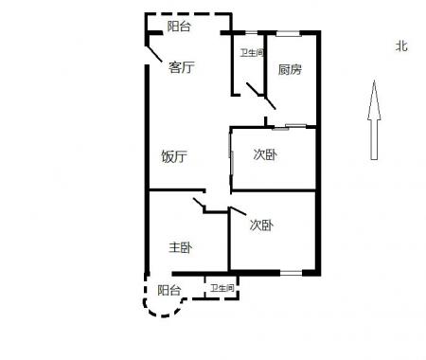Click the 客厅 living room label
pyautogui.click(x=181, y=67)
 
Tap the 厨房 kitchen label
pyautogui.click(x=290, y=69)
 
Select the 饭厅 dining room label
pyautogui.click(x=174, y=156)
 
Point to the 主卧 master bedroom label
pyautogui.click(x=180, y=247)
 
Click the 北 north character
pyautogui.click(x=401, y=46)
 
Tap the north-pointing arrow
pyautogui.click(x=374, y=120)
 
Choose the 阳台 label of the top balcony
pyautogui.click(x=179, y=27)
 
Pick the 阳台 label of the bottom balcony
pyautogui.click(x=169, y=290)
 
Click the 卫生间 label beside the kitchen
pyautogui.click(x=252, y=53)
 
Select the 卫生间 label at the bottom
pyautogui.click(x=222, y=288)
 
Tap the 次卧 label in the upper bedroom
pyautogui.click(x=265, y=154)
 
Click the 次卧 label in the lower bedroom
pyautogui.click(x=261, y=225)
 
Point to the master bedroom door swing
pyautogui.click(x=199, y=203)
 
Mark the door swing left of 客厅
pyautogui.click(x=153, y=54)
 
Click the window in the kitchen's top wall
pyautogui.click(x=288, y=33)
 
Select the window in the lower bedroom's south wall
pyautogui.click(x=291, y=273)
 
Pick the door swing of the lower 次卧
pyautogui.click(x=239, y=211)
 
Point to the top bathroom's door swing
pyautogui.click(x=254, y=89)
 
